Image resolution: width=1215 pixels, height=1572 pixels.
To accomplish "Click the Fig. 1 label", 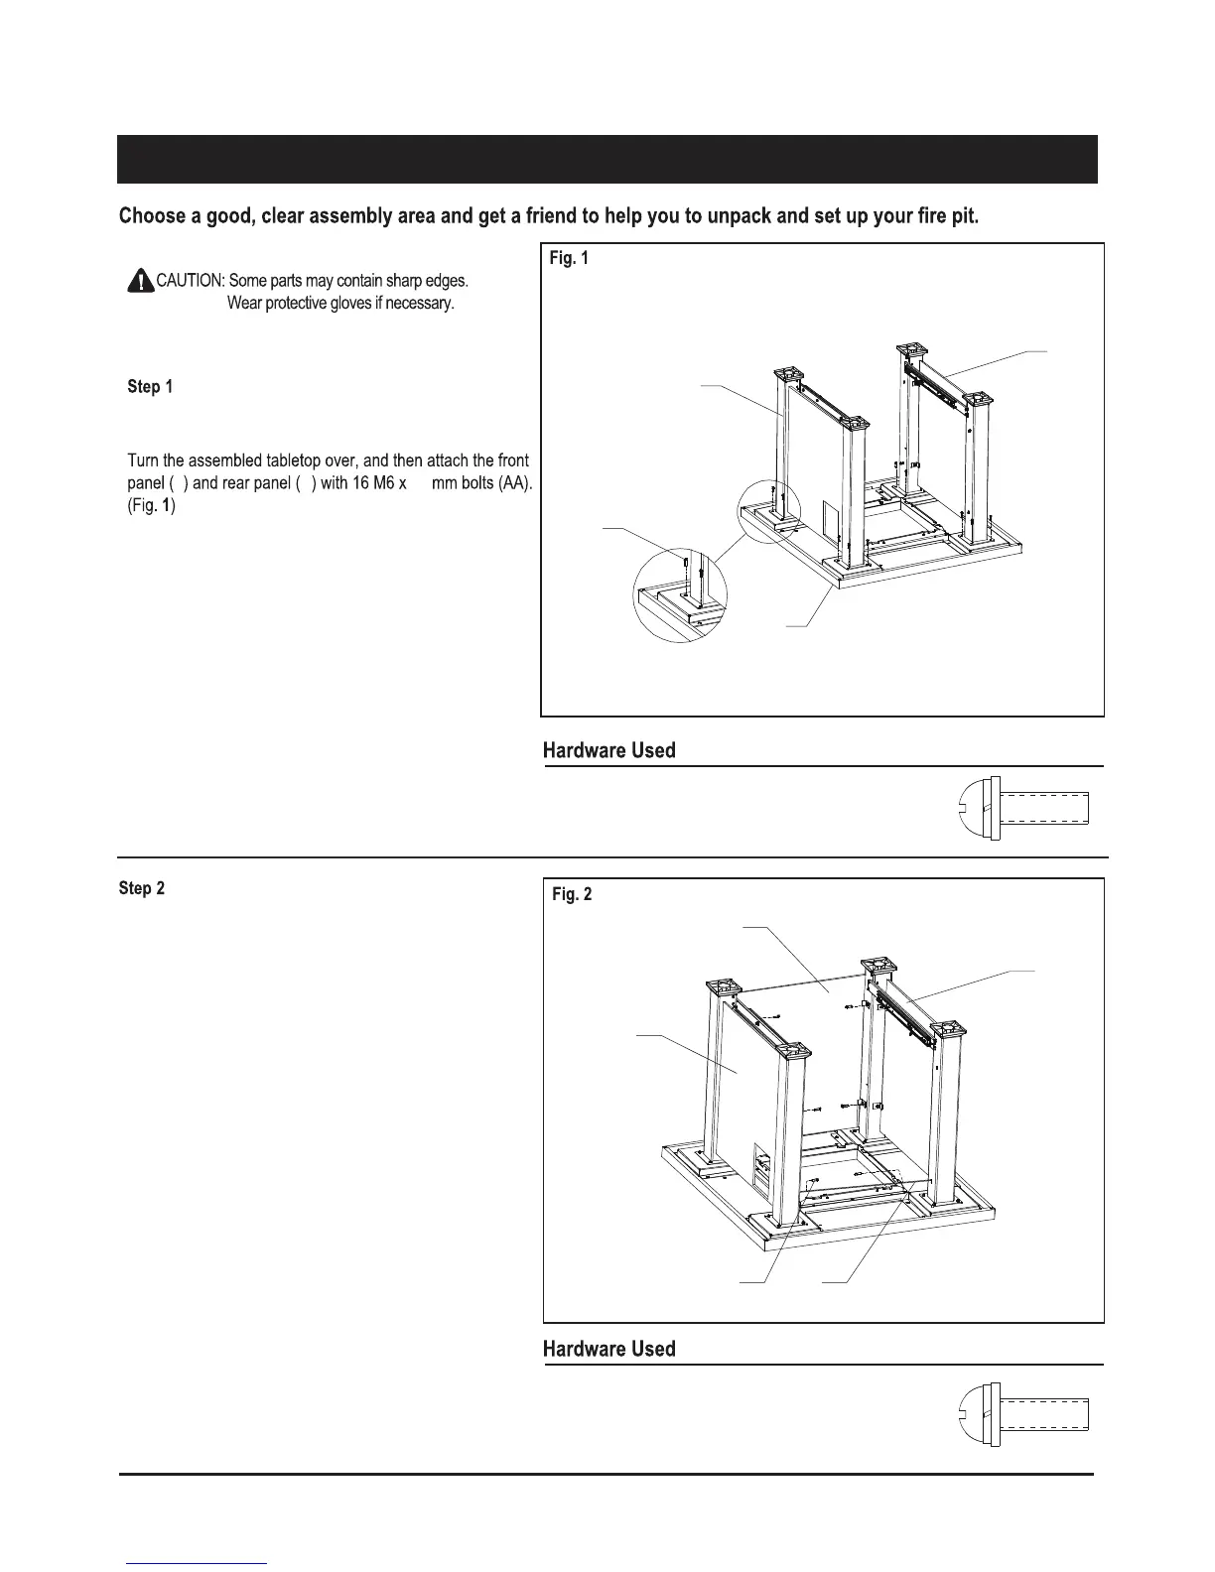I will (x=569, y=259).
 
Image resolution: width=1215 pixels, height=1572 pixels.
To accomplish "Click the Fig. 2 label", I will (x=572, y=894).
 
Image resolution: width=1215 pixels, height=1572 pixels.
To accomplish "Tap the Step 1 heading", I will (x=150, y=387).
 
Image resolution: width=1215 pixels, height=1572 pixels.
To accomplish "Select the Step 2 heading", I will (x=141, y=888).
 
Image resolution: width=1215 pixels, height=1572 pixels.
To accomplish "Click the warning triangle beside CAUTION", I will (x=140, y=282).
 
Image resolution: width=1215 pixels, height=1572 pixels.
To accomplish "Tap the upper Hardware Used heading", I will (x=608, y=750).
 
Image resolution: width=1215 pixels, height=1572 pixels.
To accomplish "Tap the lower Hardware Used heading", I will (x=608, y=1349).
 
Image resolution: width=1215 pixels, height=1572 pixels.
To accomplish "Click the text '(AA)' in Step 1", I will (x=513, y=484).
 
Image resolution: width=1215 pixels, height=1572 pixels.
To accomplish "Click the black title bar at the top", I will (x=607, y=159).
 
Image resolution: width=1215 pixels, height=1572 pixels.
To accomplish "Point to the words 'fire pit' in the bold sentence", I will (x=946, y=216).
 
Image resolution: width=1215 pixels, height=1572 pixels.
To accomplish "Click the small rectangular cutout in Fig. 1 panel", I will (x=830, y=516).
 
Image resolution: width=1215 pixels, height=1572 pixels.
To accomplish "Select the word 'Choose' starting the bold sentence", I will (x=151, y=216).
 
